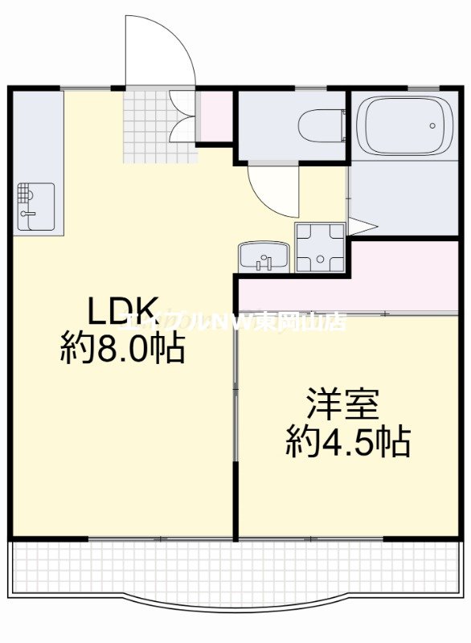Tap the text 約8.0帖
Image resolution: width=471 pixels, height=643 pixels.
pyautogui.click(x=122, y=350)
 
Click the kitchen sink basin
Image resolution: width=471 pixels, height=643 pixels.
pyautogui.click(x=37, y=206)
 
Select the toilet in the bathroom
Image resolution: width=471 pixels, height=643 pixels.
pyautogui.click(x=317, y=125)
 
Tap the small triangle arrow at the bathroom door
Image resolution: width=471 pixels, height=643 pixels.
pyautogui.click(x=361, y=227)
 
